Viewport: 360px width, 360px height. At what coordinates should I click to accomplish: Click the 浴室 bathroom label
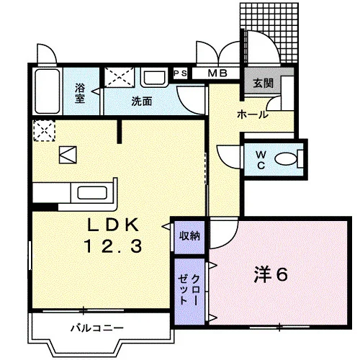80,93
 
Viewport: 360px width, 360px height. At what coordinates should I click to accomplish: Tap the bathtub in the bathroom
48,91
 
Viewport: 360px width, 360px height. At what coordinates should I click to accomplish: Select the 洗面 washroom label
142,102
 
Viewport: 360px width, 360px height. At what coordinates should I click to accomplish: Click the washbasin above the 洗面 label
154,77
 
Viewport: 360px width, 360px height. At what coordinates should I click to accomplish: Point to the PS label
180,73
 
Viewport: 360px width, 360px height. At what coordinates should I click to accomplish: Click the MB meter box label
217,73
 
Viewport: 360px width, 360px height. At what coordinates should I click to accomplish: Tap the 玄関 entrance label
264,84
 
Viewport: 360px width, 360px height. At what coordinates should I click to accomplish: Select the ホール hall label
253,114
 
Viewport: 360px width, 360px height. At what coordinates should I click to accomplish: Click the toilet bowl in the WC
286,158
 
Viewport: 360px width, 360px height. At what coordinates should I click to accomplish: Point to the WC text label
261,160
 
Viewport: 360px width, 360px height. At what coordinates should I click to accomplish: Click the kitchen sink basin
92,192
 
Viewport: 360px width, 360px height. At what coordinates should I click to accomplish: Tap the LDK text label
113,225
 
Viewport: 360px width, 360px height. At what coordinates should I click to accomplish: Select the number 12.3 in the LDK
113,246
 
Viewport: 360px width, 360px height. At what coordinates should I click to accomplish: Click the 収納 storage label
189,236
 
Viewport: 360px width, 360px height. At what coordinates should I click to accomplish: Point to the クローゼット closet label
189,289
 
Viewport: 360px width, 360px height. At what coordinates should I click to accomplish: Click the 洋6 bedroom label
271,274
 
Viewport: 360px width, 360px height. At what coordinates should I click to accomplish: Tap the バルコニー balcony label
97,328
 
